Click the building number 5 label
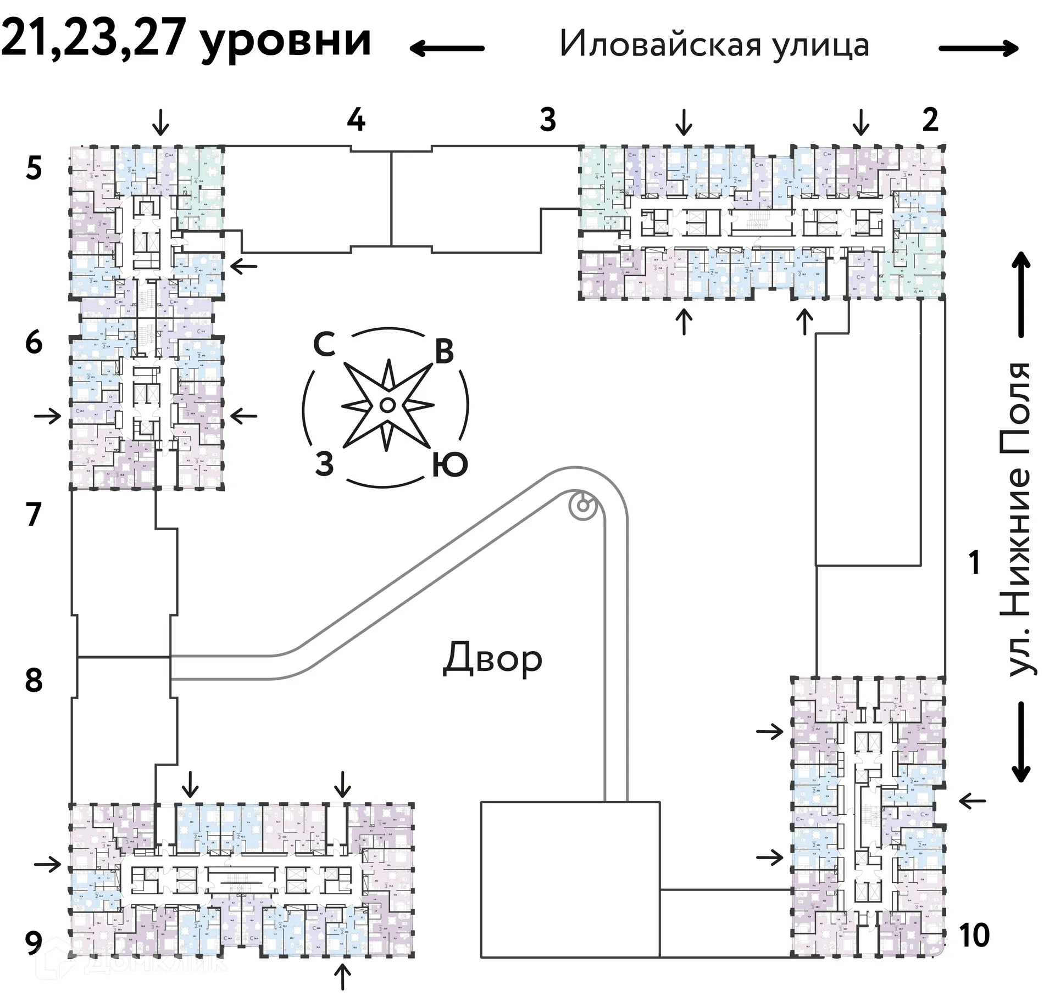click(34, 169)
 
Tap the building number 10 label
click(974, 935)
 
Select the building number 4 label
click(356, 120)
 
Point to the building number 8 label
click(34, 680)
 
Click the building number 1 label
click(975, 563)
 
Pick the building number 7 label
click(34, 514)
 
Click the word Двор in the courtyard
click(492, 658)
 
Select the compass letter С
click(324, 345)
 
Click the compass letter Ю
click(449, 464)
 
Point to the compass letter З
click(324, 464)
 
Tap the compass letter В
click(444, 351)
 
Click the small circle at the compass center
click(386, 405)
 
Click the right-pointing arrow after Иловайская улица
click(979, 48)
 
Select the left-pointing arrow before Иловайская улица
click(447, 48)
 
